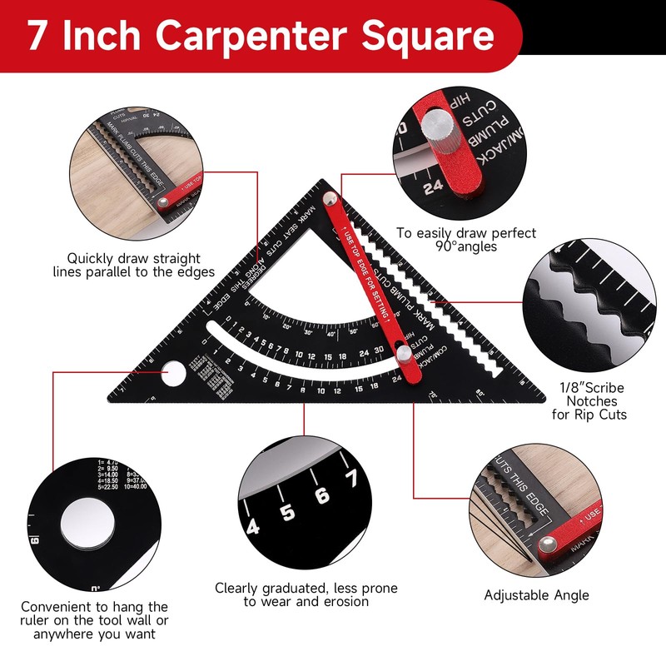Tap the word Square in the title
pos(425,37)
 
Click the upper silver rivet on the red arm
pos(331,198)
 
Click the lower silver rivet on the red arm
pos(404,355)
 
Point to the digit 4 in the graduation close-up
pos(253,525)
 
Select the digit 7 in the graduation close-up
pos(350,479)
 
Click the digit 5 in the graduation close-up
pos(287,512)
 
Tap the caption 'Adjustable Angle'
pos(537,595)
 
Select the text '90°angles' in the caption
pos(466,246)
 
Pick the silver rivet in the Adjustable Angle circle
pos(548,545)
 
